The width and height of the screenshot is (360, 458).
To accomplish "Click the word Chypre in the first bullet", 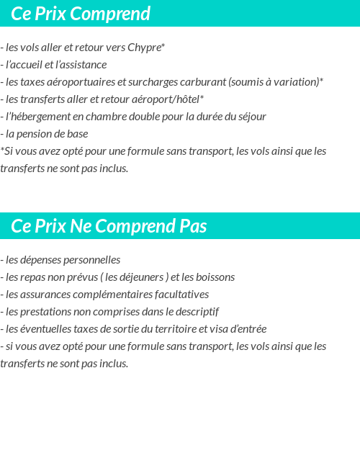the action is pos(145,48).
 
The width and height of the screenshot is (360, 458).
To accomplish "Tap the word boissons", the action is pos(214,277).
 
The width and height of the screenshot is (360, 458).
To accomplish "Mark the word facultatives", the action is pos(179,295).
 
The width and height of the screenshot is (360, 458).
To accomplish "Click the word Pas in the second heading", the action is pos(193,226).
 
